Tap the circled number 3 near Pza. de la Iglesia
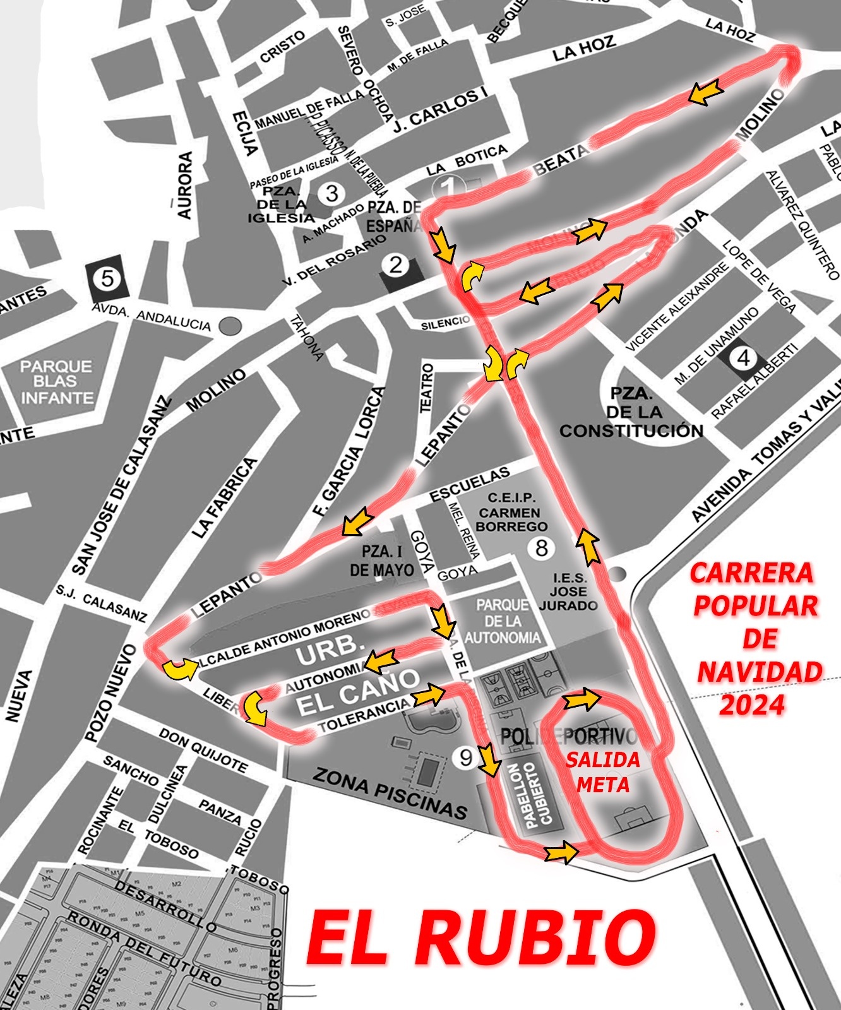tap(332, 193)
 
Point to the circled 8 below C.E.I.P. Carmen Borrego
tap(541, 548)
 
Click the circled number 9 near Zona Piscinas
tap(466, 757)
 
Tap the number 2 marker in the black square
tap(396, 266)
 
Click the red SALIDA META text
tap(603, 771)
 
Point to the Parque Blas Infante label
tap(56, 382)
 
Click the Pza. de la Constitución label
tap(631, 413)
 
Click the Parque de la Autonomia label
tap(503, 621)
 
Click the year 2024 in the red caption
tap(752, 704)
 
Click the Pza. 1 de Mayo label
tap(382, 561)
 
